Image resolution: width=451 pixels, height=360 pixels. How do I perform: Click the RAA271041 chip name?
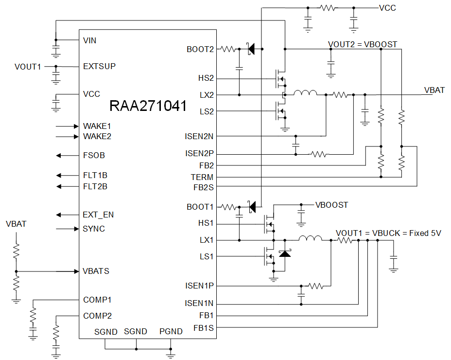click(148, 106)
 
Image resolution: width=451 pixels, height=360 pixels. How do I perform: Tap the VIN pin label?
click(90, 40)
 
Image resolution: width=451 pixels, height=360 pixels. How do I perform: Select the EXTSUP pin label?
click(99, 66)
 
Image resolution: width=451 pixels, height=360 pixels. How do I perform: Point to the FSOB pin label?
click(94, 156)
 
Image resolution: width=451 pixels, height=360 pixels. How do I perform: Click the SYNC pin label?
click(94, 229)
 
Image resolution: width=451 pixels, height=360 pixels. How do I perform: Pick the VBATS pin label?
click(96, 271)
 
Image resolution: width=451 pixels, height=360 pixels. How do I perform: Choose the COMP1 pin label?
click(97, 300)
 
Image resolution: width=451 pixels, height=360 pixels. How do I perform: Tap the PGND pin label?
click(171, 332)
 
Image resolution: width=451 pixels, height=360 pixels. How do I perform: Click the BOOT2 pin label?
click(200, 49)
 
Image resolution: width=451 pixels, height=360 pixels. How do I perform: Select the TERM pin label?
click(202, 178)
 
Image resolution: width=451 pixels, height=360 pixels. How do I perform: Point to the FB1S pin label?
click(203, 328)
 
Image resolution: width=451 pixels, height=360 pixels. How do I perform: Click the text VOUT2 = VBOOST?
click(363, 44)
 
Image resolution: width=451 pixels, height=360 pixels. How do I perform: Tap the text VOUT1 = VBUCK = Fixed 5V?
click(388, 233)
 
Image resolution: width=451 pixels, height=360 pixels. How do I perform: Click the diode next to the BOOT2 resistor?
click(251, 49)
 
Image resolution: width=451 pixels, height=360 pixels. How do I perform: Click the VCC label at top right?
click(387, 8)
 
